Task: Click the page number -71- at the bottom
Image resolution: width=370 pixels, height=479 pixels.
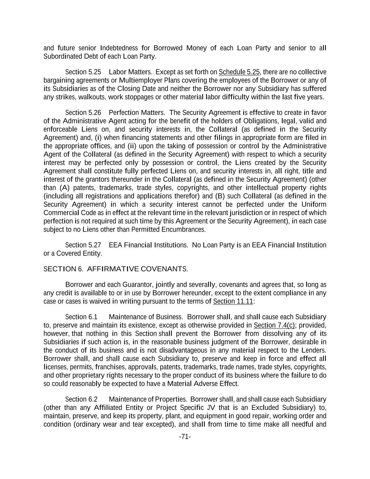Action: [x=185, y=437]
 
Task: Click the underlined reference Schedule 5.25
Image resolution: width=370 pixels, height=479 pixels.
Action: [x=239, y=72]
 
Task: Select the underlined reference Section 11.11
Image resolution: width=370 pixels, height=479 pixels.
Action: [x=233, y=301]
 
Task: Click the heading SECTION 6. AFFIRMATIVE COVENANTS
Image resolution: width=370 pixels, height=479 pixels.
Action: [x=116, y=269]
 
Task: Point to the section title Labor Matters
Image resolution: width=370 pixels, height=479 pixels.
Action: [x=130, y=72]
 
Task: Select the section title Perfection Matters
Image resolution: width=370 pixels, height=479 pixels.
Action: [x=137, y=113]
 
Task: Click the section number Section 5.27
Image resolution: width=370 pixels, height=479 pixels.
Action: [x=83, y=245]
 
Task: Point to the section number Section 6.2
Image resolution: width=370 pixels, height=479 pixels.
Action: [x=81, y=399]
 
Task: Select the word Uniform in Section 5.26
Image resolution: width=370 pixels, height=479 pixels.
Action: [x=314, y=205]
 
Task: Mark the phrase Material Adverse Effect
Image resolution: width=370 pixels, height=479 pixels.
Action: [x=203, y=384]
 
